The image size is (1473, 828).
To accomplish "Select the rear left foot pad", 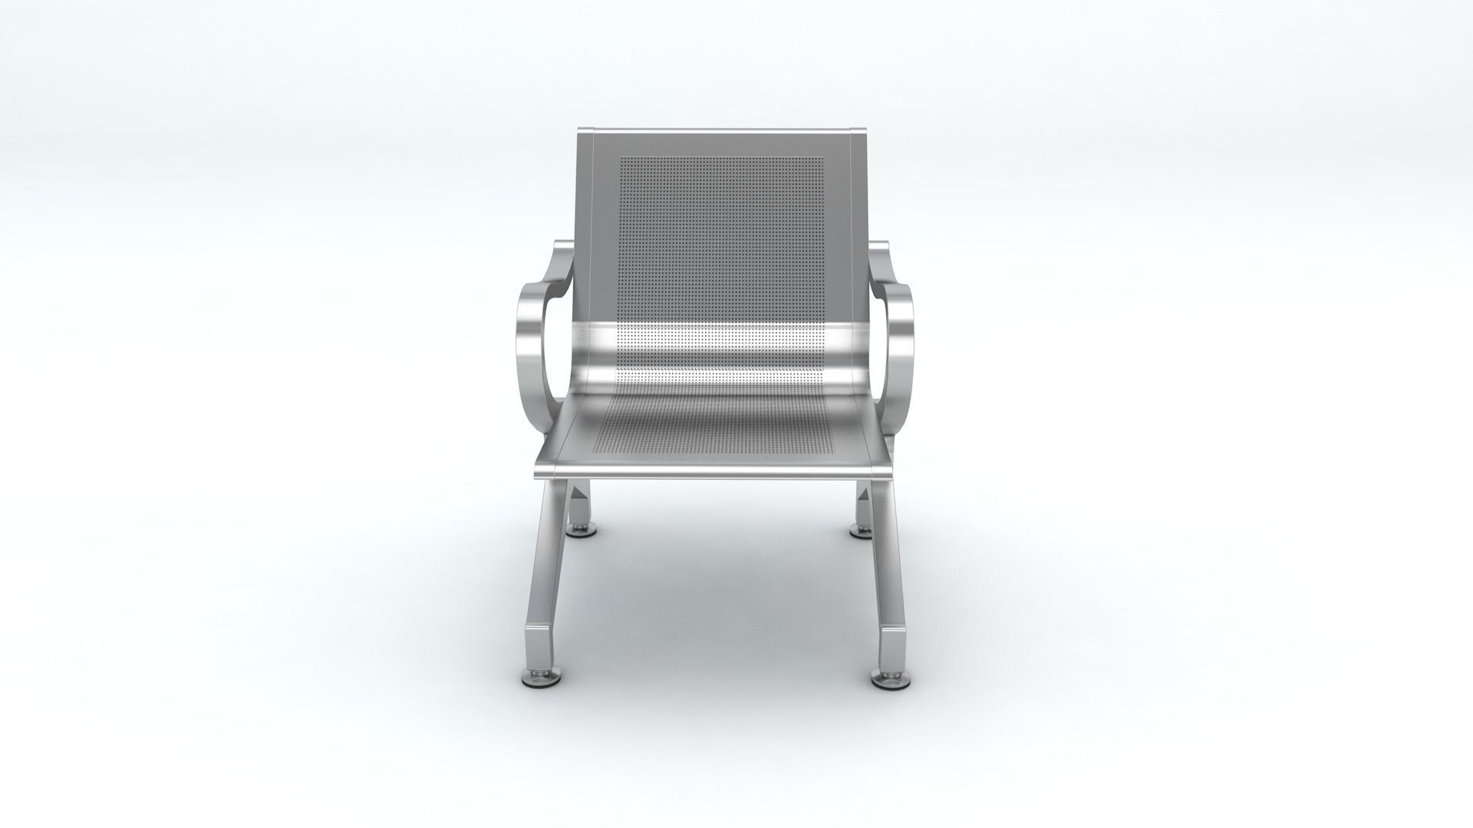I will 580,531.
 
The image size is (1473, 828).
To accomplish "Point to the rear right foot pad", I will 864,531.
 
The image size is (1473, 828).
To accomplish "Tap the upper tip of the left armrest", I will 562,247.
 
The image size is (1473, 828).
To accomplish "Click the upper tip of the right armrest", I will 879,247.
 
